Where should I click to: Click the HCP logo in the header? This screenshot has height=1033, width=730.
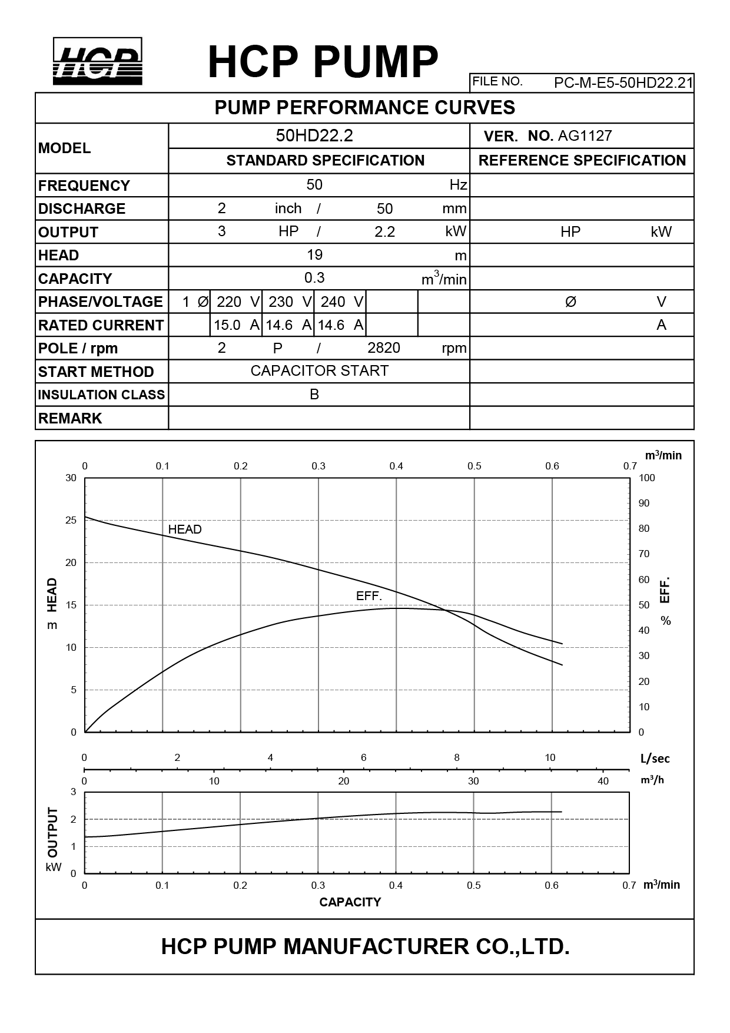(x=98, y=61)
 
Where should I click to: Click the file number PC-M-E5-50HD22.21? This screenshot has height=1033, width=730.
(x=623, y=82)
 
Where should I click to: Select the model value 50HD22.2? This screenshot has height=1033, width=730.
(x=314, y=136)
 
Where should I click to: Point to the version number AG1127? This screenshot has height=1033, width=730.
(x=585, y=136)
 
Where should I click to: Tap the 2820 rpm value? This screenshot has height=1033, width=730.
(x=384, y=348)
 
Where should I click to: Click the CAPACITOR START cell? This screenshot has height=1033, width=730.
(x=319, y=371)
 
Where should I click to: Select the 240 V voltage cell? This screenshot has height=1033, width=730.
(x=340, y=302)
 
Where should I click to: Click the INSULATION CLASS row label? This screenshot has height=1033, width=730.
(x=101, y=395)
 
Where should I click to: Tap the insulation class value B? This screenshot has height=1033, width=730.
(x=314, y=395)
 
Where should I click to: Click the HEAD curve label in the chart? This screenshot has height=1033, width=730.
(x=185, y=529)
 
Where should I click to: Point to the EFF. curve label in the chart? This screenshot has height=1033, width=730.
(x=369, y=596)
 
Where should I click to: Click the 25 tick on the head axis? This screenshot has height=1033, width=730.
(x=71, y=521)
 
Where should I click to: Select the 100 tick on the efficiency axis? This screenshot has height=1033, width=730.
(x=646, y=478)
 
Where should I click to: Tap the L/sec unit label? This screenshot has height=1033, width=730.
(x=655, y=759)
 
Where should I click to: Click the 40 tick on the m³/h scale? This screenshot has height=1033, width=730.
(x=603, y=782)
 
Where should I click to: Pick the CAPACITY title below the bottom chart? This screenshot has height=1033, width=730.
(x=350, y=902)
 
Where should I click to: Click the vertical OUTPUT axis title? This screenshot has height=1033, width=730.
(x=53, y=832)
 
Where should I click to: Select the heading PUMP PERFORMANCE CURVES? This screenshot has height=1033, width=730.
(x=364, y=108)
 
